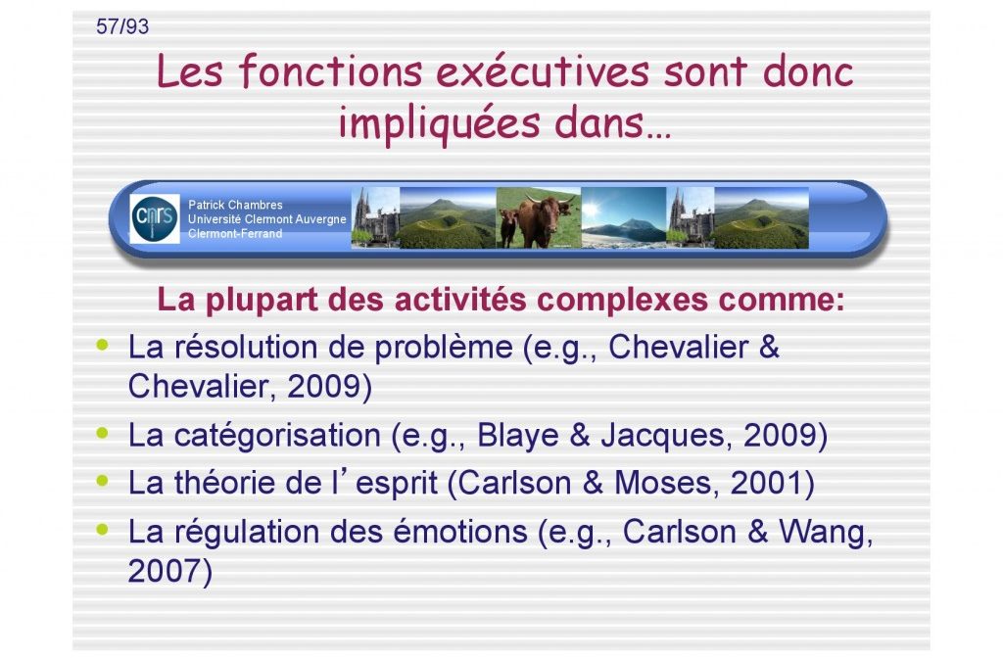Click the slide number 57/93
[x=122, y=26]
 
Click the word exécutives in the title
[x=543, y=71]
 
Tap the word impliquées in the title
[x=439, y=122]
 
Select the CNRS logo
[x=155, y=218]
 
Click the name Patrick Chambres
[x=235, y=205]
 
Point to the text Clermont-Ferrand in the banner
[x=235, y=233]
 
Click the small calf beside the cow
[x=508, y=227]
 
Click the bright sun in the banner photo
[x=591, y=209]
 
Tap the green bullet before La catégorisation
[x=102, y=433]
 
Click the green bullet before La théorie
[x=102, y=480]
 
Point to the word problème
[x=444, y=348]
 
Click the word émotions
[x=460, y=532]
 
